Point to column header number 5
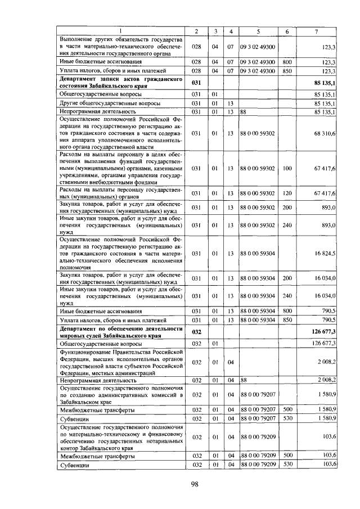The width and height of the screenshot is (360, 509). [258, 30]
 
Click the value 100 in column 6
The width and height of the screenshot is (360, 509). [287, 168]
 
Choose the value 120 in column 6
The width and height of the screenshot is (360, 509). [287, 193]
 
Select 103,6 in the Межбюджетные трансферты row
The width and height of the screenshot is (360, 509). [327, 455]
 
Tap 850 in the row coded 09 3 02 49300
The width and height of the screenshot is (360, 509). [287, 71]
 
